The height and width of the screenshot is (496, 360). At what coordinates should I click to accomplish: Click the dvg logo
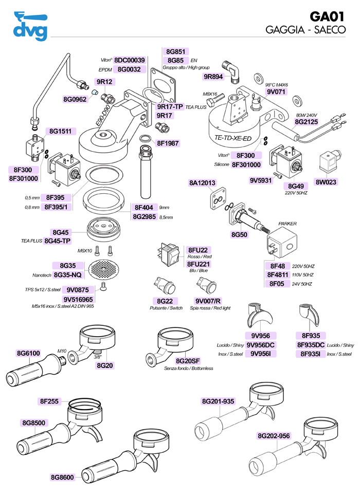click(x=29, y=25)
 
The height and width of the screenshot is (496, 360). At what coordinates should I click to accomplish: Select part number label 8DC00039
click(x=130, y=60)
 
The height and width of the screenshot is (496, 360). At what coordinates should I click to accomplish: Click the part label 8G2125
click(x=306, y=122)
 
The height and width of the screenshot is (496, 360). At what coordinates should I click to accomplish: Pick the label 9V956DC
click(x=261, y=345)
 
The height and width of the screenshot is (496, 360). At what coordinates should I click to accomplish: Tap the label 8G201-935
click(x=218, y=401)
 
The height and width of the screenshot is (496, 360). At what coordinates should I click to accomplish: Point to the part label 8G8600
click(x=63, y=477)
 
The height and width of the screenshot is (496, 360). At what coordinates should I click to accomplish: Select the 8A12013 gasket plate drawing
click(x=217, y=199)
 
